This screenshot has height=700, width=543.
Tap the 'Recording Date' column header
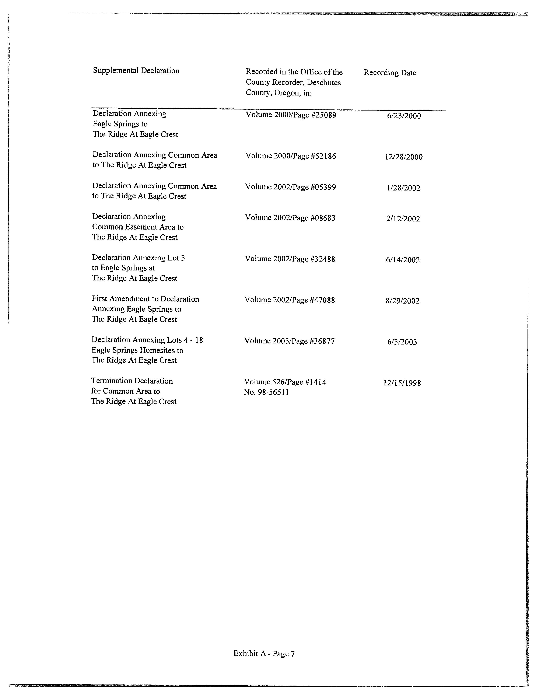[390, 73]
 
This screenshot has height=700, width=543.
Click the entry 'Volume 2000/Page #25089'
[291, 115]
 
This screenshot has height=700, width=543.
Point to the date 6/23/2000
[404, 116]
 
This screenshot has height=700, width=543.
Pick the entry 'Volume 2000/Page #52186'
[291, 156]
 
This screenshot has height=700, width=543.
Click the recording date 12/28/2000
[404, 157]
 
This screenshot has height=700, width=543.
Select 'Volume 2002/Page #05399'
[290, 187]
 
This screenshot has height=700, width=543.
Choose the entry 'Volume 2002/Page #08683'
[290, 218]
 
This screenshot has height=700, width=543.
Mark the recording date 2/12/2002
[403, 219]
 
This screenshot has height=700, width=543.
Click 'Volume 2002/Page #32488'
[290, 259]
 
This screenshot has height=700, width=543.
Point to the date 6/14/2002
[403, 260]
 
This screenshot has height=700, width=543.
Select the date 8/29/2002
[402, 301]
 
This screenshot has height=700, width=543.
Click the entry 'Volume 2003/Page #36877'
[290, 341]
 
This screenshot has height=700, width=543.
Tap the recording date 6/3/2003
[402, 342]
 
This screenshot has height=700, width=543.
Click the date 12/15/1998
[402, 383]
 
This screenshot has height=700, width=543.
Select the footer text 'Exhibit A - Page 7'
[264, 654]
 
